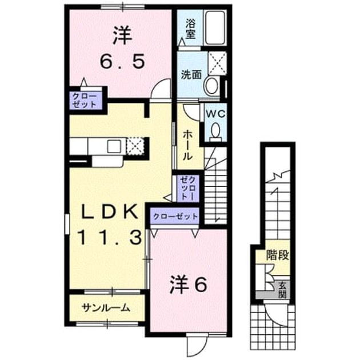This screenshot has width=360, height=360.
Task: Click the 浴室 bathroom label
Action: click(190, 29)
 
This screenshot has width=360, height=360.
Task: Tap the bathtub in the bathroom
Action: click(215, 28)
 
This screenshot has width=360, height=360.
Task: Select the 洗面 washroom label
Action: click(191, 74)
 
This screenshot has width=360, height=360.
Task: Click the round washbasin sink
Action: click(211, 85)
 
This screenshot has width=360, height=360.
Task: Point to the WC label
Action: click(215, 114)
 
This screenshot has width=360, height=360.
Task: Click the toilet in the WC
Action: click(215, 132)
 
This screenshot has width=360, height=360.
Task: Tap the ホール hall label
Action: click(187, 145)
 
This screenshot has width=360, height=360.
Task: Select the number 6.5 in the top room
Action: click(123, 61)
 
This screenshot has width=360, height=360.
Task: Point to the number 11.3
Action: click(110, 238)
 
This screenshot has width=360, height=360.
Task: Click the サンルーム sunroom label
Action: click(106, 307)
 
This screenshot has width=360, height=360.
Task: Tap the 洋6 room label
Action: click(188, 285)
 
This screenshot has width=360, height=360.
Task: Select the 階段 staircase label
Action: click(277, 255)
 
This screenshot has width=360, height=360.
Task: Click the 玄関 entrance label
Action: click(282, 290)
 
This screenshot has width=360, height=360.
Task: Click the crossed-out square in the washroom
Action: click(217, 63)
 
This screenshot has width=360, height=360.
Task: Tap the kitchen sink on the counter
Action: click(114, 146)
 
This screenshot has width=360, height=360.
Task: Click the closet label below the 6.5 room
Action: click(84, 101)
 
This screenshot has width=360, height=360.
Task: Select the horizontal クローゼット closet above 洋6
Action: click(175, 216)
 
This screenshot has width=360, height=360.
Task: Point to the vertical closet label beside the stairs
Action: click(187, 188)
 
